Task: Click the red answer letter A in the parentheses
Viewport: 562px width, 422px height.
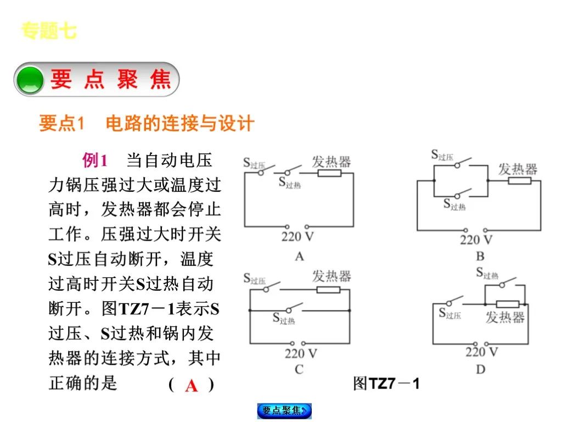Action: (191, 386)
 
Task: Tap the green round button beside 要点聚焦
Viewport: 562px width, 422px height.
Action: (30, 80)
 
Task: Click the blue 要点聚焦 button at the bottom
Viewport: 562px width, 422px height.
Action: (284, 410)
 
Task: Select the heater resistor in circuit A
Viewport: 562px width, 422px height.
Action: (330, 174)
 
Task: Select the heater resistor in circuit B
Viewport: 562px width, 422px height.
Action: (519, 180)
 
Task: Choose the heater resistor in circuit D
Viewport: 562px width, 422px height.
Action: (507, 303)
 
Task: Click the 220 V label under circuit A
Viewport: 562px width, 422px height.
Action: (297, 237)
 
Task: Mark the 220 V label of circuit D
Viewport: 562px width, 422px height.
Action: (482, 352)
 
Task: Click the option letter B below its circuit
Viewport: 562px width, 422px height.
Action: (480, 256)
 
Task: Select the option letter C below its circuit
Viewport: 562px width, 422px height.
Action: (299, 369)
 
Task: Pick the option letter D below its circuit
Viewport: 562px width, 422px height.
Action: (481, 369)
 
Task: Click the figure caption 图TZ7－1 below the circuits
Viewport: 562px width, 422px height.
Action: (386, 383)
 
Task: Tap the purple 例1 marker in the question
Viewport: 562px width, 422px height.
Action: (94, 160)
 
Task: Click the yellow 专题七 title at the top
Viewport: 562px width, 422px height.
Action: (49, 31)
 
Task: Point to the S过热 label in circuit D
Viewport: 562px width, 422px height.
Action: (487, 273)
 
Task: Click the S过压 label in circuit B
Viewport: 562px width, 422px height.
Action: (442, 156)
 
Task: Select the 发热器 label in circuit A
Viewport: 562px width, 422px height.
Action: (331, 162)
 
